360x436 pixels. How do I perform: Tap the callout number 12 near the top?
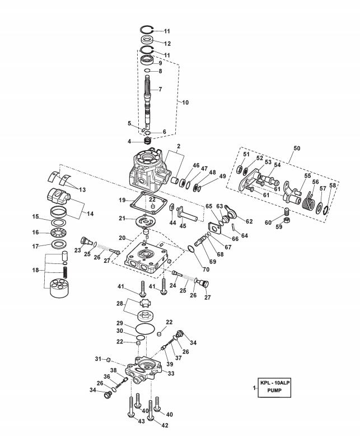point(167,44)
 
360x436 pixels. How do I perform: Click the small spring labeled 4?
point(148,141)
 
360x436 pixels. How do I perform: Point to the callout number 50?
point(297,148)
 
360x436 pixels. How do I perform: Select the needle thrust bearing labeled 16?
point(58,232)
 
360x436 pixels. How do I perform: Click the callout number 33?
point(171,373)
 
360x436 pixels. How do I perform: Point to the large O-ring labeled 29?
point(145,328)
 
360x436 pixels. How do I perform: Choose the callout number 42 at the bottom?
point(165,425)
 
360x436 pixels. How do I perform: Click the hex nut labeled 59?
point(287,220)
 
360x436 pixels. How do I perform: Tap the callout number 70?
point(206,270)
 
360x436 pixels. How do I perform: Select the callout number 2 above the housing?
point(179,146)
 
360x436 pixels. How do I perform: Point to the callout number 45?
point(183,226)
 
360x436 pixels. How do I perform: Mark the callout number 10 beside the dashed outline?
point(185,103)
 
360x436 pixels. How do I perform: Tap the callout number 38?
point(113,370)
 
